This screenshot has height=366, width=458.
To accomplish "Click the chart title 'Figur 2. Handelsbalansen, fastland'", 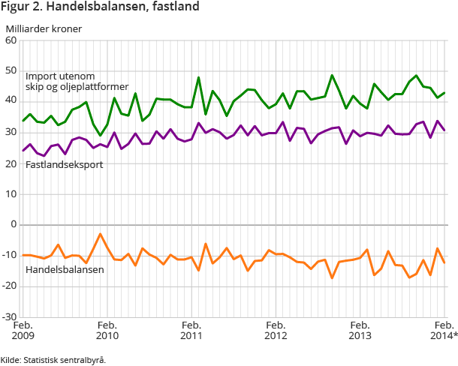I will point(100,8).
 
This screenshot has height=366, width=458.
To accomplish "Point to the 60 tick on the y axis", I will point(11,40).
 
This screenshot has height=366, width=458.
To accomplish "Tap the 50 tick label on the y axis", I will point(11,70).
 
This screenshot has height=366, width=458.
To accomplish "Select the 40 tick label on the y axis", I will point(11,101).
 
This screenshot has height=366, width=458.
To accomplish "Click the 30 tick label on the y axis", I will point(11,132).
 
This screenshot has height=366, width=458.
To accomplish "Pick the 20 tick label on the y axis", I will point(11,163).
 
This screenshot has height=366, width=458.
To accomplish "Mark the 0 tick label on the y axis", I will point(14,224).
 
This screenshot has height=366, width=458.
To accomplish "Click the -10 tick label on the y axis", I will point(10,255).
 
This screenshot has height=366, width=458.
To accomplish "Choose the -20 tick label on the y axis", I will point(10,286).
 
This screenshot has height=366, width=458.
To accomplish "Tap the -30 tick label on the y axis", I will point(10,316).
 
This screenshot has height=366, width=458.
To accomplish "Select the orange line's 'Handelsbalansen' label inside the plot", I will point(65,268).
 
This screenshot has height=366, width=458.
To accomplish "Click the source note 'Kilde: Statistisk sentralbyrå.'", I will point(53,359).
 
